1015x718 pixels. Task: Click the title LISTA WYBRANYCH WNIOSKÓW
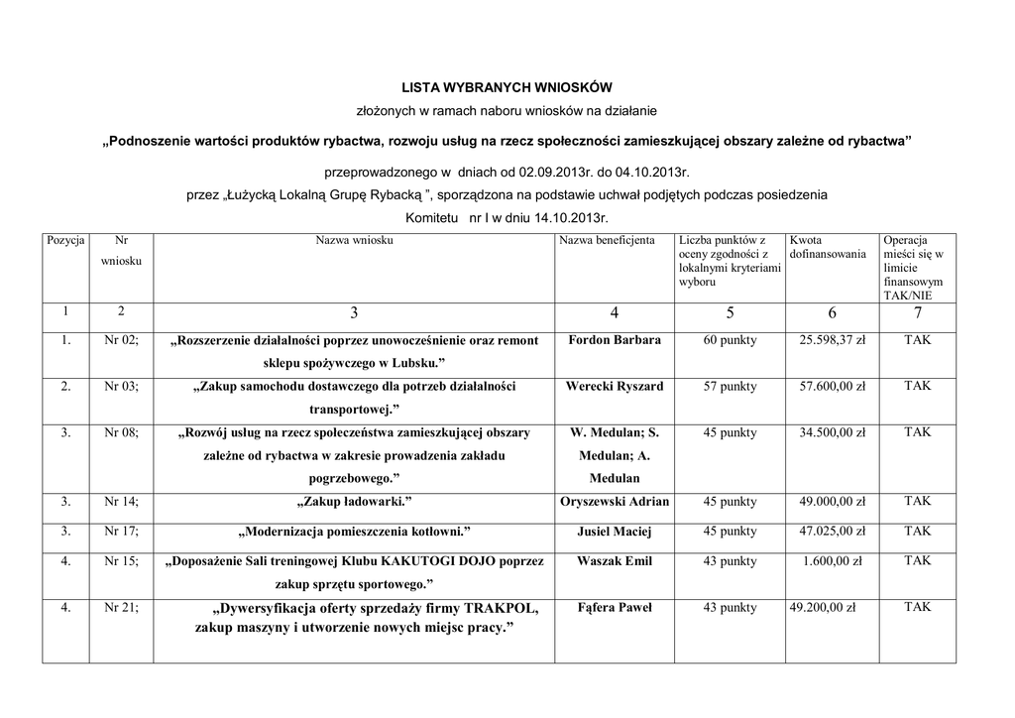point(507,86)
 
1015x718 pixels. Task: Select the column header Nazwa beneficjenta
point(607,240)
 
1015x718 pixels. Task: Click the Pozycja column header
point(65,240)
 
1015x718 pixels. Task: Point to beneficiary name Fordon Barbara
point(615,340)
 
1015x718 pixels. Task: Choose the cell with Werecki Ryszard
point(615,386)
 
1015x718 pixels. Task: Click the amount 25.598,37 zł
point(833,340)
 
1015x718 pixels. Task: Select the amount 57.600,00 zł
point(833,386)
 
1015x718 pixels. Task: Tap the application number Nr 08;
point(121,432)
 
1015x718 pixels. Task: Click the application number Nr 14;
point(121,502)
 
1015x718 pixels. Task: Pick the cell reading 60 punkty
point(730,340)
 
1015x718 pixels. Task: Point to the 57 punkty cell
point(730,386)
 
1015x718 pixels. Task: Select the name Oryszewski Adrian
point(615,502)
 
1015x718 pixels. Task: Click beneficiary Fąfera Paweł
point(615,607)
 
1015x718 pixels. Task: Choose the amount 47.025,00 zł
point(833,532)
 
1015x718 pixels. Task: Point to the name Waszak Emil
point(615,561)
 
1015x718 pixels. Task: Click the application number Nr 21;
point(121,607)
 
